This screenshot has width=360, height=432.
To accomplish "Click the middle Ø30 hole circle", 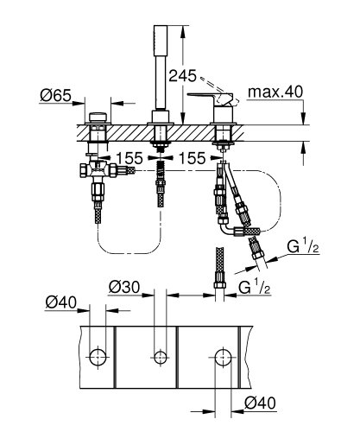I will click(158, 355).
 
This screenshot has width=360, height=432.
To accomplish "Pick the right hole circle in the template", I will click(222, 355).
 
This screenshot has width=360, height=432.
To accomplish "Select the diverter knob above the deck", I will click(96, 117).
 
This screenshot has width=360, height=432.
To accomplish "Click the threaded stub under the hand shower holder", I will click(159, 164).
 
